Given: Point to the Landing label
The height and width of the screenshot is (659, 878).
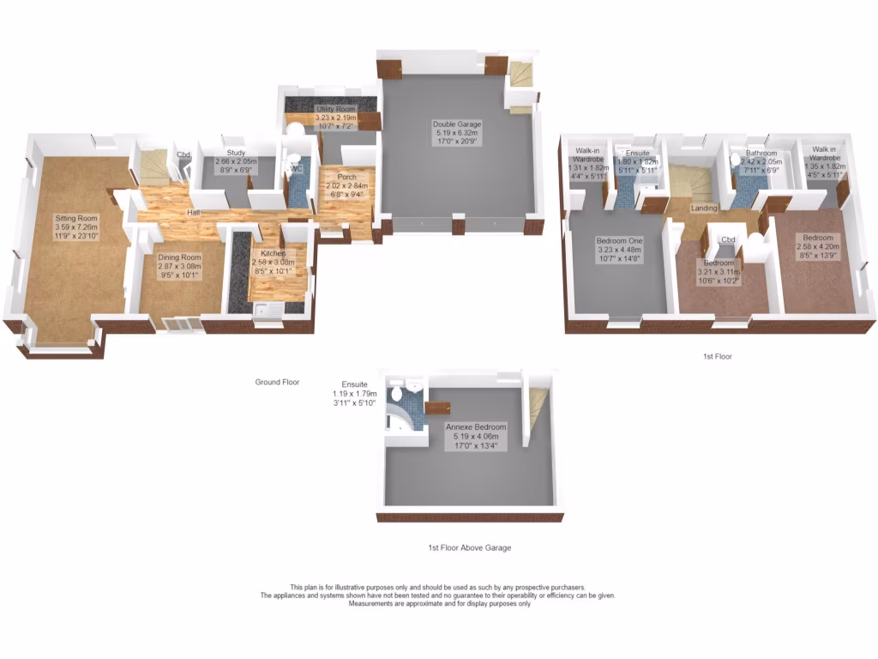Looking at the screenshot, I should (704, 209).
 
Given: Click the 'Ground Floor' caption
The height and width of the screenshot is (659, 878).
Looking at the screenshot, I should (277, 382).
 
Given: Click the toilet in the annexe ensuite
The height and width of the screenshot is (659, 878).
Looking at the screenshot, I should (395, 394).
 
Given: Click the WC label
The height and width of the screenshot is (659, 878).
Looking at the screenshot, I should (296, 169).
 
